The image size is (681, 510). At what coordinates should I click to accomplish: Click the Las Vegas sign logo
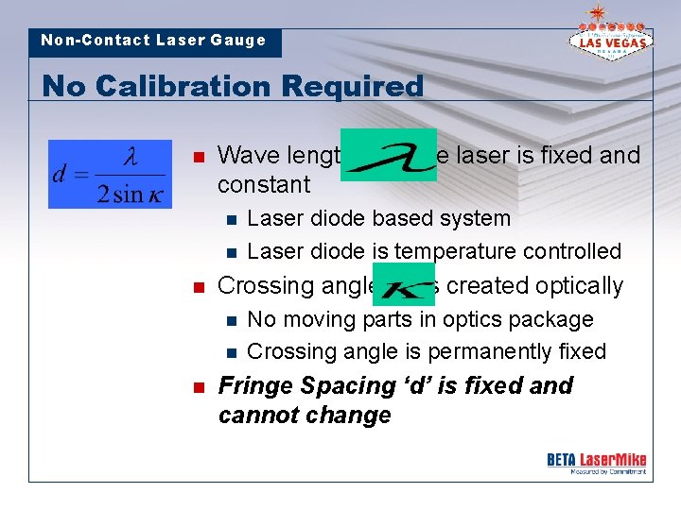(x=608, y=36)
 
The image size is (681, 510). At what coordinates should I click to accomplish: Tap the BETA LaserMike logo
(x=596, y=462)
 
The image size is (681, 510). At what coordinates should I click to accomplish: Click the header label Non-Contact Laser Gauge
(x=153, y=41)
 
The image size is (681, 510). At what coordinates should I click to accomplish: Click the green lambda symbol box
(x=389, y=155)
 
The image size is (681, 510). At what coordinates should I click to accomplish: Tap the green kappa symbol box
(x=404, y=284)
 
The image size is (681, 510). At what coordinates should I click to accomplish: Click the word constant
(x=264, y=185)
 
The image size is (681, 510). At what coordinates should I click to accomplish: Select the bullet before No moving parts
(x=229, y=320)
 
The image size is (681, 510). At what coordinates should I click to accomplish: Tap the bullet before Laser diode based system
(x=229, y=219)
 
